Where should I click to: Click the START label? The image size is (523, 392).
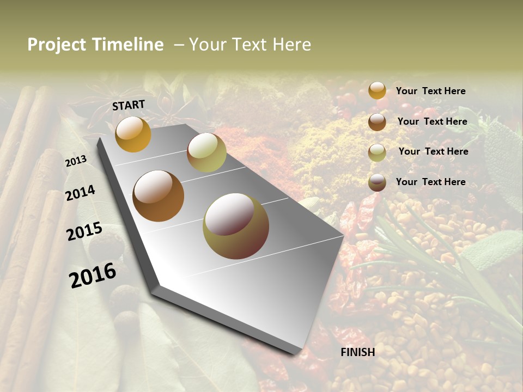(129, 105)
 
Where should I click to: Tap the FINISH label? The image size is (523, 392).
(358, 352)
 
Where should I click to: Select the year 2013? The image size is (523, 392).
(76, 161)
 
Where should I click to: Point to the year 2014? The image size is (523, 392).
(80, 193)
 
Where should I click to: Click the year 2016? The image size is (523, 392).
(93, 275)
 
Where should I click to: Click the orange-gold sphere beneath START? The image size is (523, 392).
(133, 134)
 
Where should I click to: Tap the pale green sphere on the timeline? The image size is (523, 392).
(206, 152)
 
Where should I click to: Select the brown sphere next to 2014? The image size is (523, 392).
(158, 196)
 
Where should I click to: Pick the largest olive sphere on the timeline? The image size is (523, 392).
(236, 226)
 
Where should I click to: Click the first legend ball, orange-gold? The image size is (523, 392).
(377, 90)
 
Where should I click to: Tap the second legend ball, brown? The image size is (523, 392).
(377, 122)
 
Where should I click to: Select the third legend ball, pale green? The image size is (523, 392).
(377, 152)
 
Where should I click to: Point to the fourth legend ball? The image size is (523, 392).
(377, 182)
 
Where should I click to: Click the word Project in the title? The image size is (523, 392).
(57, 45)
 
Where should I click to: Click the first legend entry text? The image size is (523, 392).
(430, 91)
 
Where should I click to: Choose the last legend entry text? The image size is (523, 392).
(430, 182)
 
